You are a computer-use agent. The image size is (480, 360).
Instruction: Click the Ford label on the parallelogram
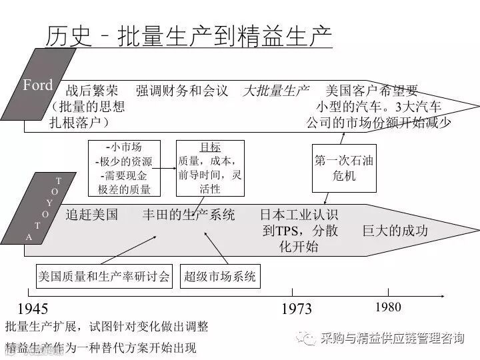(x=37, y=85)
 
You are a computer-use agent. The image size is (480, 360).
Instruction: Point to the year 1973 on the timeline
(x=297, y=309)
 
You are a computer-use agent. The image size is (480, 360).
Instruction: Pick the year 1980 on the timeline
(x=388, y=307)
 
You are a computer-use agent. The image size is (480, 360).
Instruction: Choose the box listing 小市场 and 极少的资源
(x=124, y=168)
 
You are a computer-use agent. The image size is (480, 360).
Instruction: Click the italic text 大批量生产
(x=275, y=91)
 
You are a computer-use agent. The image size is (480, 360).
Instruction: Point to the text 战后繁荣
(x=92, y=91)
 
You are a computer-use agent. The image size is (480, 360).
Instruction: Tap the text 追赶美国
(x=92, y=215)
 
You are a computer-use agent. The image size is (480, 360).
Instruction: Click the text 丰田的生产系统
(x=189, y=215)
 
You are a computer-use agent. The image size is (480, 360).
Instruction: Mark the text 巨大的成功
(x=395, y=231)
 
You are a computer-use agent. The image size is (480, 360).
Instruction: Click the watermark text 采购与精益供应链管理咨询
(x=392, y=338)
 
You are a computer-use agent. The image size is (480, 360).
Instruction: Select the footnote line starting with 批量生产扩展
(x=107, y=327)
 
